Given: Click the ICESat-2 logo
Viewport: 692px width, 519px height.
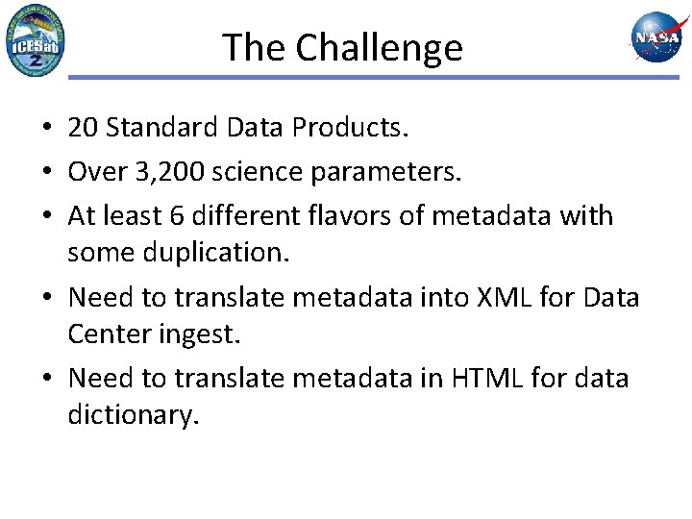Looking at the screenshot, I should (36, 40).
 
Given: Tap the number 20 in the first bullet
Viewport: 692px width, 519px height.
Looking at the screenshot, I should (84, 127).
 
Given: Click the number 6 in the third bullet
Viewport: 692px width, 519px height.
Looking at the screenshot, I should (176, 215).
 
